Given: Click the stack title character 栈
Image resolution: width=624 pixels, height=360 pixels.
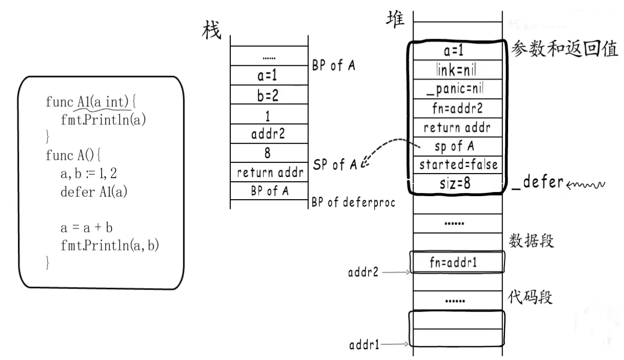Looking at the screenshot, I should (x=212, y=30).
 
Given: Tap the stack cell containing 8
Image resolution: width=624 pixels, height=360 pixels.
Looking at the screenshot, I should (x=269, y=153).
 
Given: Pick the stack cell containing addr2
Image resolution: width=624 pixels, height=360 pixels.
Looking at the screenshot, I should (x=269, y=134).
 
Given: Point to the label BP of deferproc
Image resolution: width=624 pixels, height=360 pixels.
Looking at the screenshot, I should (x=353, y=202).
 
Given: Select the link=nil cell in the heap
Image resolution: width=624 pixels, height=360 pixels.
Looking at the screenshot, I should (x=456, y=68).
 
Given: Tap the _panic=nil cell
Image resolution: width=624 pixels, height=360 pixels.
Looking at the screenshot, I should (x=456, y=89).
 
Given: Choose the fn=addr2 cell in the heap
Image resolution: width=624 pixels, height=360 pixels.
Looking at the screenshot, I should (x=456, y=108).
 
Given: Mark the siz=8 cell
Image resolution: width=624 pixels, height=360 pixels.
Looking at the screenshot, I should (x=456, y=183).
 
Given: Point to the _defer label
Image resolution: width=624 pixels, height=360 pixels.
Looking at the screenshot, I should (x=536, y=183).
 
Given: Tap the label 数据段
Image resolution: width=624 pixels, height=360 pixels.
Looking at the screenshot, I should (x=531, y=241).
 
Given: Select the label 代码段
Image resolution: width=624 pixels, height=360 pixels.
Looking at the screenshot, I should (x=531, y=297).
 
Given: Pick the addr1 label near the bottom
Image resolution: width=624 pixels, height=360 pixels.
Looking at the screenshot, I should (x=364, y=345).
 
